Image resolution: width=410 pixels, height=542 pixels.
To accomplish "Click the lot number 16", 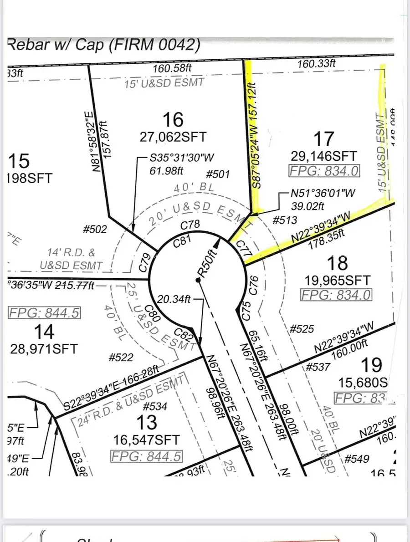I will (x=173, y=120).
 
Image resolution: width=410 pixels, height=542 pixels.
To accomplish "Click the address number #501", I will (x=218, y=174).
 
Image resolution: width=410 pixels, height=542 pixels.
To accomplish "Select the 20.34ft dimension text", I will (x=173, y=299).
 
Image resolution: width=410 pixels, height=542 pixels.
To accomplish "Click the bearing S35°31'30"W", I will (x=182, y=159).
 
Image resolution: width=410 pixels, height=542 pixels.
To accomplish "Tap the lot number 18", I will (x=337, y=263).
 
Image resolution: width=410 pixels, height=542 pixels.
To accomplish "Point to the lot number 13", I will (x=147, y=423).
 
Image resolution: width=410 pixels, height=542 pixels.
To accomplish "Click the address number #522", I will (x=121, y=358).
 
